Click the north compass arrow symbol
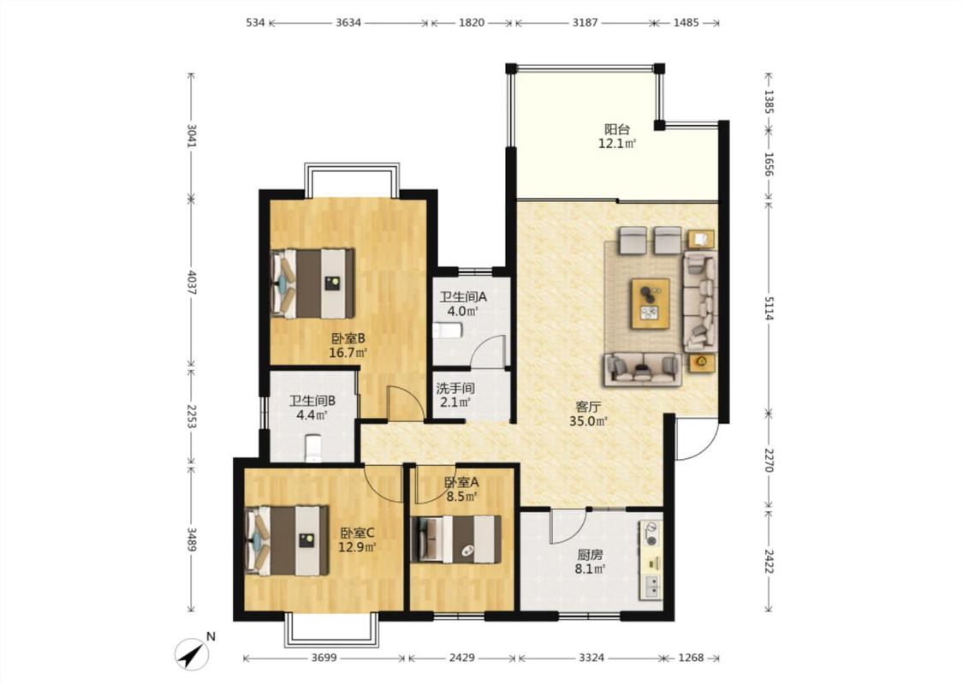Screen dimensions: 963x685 coord(193,653)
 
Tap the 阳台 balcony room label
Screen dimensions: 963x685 coord(617,136)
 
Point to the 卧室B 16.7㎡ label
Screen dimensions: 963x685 coord(348,345)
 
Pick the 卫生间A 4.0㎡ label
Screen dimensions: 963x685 coord(463,304)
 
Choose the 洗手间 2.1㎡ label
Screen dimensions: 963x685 coord(455,396)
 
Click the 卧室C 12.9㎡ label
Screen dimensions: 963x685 coord(358,539)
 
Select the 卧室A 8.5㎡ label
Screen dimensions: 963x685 coord(462,490)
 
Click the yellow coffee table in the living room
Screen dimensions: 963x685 coord(651,303)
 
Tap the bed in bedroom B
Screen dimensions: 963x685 coord(312,283)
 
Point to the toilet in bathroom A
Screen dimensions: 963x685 coord(447,331)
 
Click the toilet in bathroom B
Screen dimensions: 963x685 coord(313,448)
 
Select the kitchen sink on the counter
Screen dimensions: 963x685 coord(651,587)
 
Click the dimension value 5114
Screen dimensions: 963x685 coord(769,305)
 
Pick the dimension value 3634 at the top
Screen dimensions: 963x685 coord(348,23)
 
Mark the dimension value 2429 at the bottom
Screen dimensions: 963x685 coord(462,658)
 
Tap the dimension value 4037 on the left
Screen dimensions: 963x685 coord(192,282)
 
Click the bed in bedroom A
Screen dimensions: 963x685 coord(456,539)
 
